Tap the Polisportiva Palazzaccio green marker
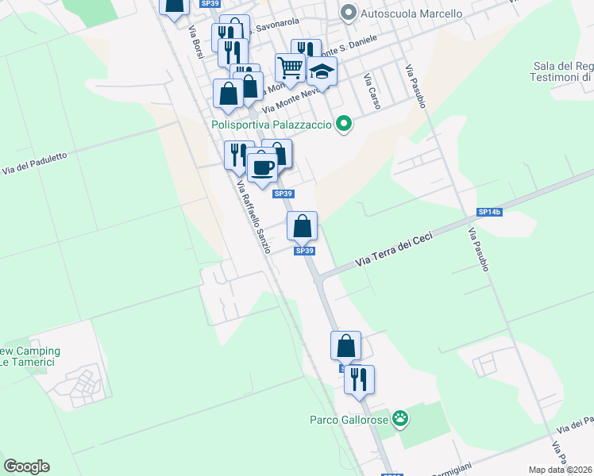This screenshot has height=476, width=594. [x=344, y=124]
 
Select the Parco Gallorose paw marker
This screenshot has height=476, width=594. [x=402, y=418]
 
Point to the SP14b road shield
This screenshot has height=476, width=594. [x=489, y=212]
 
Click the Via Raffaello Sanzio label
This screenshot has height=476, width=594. [x=254, y=216]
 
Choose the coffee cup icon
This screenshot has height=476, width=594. [x=262, y=167]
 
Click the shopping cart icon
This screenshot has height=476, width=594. [x=291, y=68]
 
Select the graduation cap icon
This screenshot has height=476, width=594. [x=322, y=72]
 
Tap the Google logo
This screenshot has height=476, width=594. [x=26, y=466]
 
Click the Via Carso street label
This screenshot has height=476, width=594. [x=372, y=92]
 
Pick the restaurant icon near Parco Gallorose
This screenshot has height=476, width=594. [x=360, y=379]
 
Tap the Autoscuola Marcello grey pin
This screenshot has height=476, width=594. [x=348, y=13]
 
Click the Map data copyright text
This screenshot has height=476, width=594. [x=561, y=470]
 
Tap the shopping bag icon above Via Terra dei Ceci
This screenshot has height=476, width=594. [x=303, y=227]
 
